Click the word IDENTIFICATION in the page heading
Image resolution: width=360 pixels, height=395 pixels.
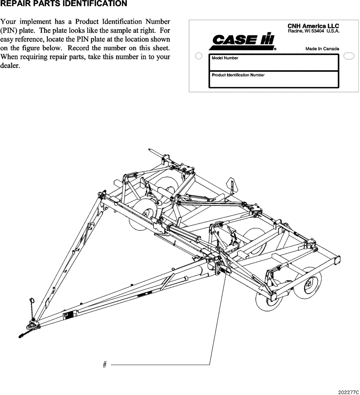92,4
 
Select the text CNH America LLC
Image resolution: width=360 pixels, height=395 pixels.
313,26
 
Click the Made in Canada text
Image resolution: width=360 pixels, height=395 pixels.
322,49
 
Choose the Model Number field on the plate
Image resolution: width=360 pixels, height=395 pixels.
273,62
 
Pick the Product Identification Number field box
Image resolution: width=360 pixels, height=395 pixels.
273,79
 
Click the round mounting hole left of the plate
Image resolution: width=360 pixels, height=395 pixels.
199,56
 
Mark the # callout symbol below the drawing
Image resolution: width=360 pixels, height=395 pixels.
105,365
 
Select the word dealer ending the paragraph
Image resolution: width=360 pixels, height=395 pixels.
11,66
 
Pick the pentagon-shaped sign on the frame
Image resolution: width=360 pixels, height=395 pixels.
231,184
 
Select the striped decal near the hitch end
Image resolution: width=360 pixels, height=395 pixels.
68,316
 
